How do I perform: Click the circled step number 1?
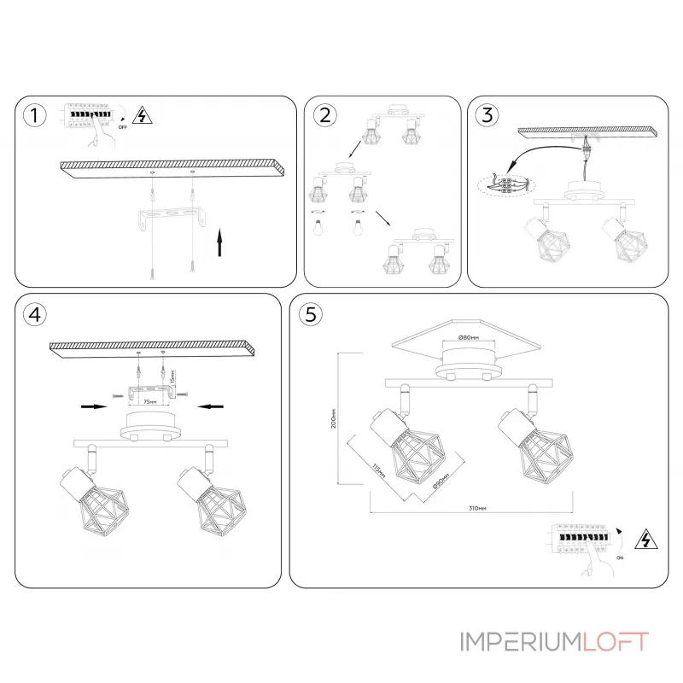(33, 116)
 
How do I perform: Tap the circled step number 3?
(486, 116)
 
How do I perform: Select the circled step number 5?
(310, 314)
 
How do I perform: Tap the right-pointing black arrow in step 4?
(92, 407)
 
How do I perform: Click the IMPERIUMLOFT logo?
(553, 641)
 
